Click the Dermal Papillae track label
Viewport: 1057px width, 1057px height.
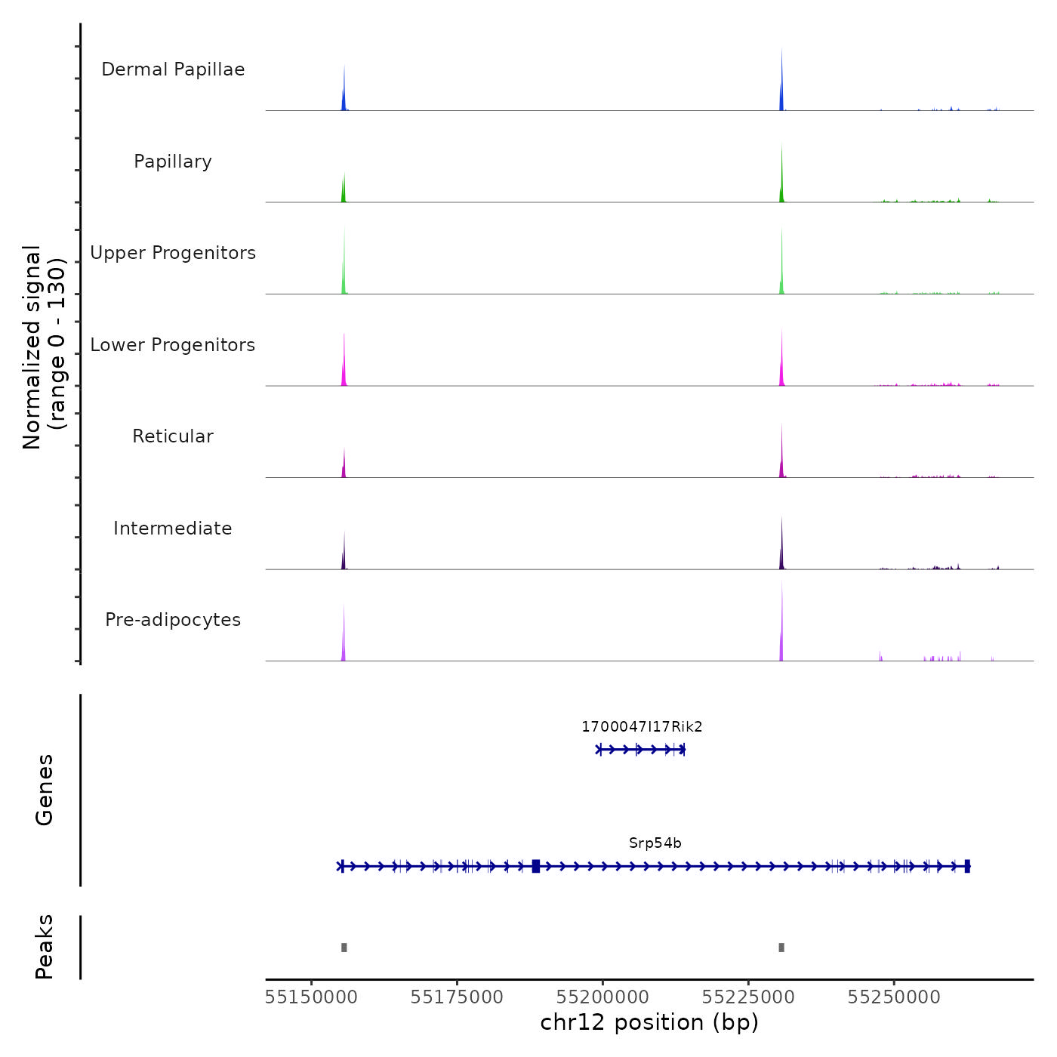click(x=173, y=69)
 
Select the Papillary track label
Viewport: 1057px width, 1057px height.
click(x=173, y=162)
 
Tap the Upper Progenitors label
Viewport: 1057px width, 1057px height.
click(x=173, y=253)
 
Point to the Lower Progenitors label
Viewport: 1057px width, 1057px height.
click(x=173, y=345)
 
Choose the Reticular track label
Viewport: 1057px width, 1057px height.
click(x=173, y=436)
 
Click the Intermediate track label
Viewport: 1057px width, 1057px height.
click(x=173, y=528)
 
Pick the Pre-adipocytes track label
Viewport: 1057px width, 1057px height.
click(x=173, y=620)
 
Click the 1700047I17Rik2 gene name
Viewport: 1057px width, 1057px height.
click(x=642, y=727)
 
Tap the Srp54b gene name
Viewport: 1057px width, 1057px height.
click(x=655, y=843)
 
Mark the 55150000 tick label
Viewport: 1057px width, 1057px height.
click(x=311, y=997)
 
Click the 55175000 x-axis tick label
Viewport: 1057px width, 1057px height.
click(x=457, y=997)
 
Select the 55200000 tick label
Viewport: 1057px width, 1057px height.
click(x=602, y=997)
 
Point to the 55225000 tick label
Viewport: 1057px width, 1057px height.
click(x=748, y=997)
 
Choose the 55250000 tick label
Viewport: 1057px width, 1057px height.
click(x=894, y=997)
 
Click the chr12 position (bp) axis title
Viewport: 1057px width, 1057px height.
click(x=649, y=1022)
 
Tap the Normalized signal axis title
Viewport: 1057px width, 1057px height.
click(x=44, y=347)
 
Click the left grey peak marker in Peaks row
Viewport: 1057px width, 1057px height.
click(x=344, y=948)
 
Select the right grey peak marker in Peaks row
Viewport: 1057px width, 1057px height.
click(x=781, y=948)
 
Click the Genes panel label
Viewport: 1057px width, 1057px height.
click(x=45, y=790)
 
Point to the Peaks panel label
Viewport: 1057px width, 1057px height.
click(x=45, y=947)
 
